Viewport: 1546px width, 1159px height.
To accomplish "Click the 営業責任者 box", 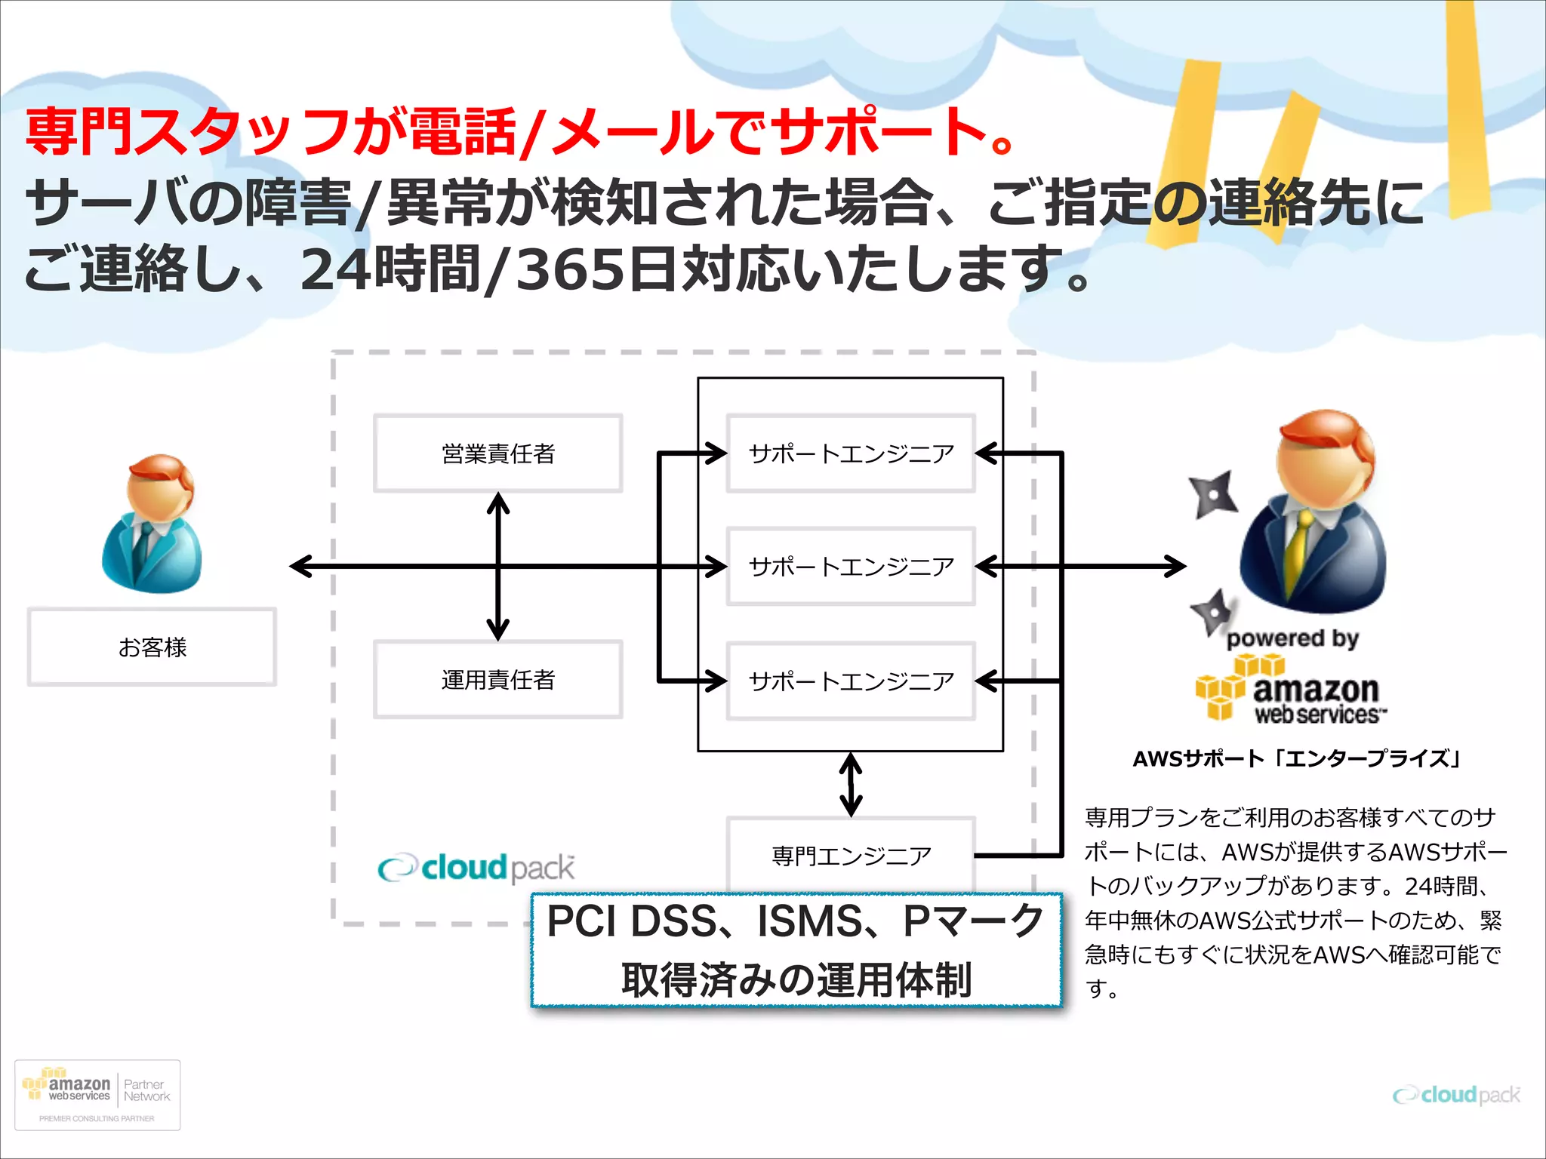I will [498, 453].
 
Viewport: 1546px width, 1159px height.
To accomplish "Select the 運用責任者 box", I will [498, 680].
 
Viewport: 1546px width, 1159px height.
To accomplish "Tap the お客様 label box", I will [152, 647].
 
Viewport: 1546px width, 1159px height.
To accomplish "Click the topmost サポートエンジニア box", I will [851, 453].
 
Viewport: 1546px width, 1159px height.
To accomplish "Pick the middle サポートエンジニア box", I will [851, 567].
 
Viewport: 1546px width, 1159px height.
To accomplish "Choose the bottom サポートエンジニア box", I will [851, 681].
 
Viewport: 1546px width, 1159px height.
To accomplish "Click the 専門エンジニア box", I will [851, 856].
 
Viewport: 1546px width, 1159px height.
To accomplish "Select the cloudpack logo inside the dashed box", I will [476, 868].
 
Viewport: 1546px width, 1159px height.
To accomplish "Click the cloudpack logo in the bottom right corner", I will [1456, 1095].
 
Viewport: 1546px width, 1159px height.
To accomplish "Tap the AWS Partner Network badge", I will [97, 1095].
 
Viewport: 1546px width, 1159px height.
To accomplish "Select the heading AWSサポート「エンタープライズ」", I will [1297, 758].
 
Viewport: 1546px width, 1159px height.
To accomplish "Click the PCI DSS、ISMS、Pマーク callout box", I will [796, 950].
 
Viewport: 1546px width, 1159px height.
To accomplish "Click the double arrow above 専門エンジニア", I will [851, 785].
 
